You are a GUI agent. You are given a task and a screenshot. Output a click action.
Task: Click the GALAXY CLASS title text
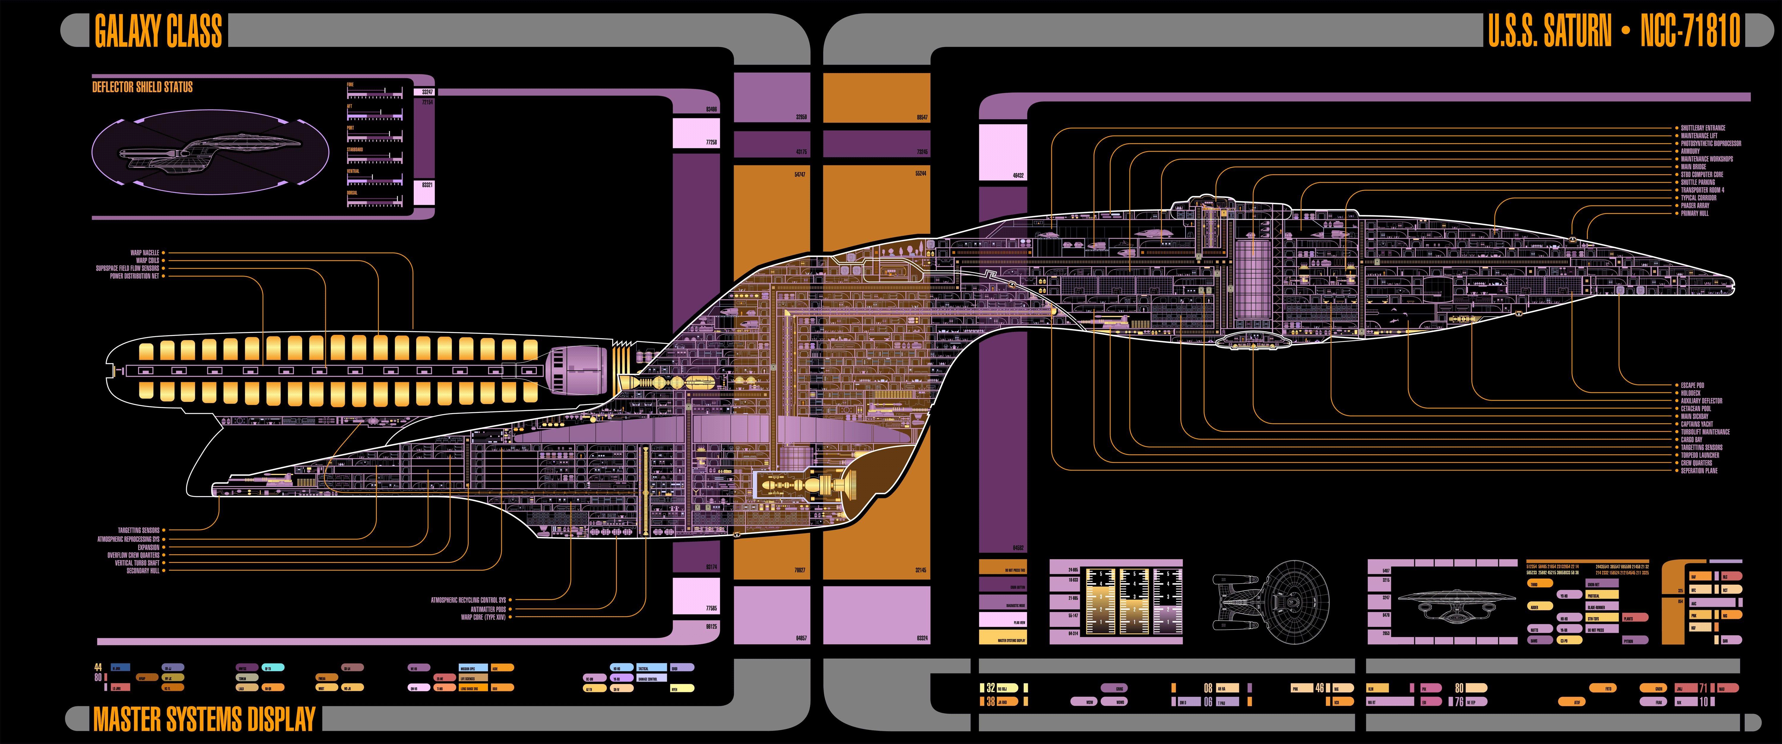click(158, 32)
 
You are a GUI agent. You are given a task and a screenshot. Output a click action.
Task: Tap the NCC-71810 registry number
click(1690, 32)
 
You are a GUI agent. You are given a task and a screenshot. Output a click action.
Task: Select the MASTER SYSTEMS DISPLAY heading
click(204, 720)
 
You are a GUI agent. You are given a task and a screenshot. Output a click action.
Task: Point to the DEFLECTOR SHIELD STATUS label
click(143, 87)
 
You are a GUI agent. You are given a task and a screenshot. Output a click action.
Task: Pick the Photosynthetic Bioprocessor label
click(1711, 143)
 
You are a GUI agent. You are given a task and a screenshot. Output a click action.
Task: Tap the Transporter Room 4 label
click(1702, 190)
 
